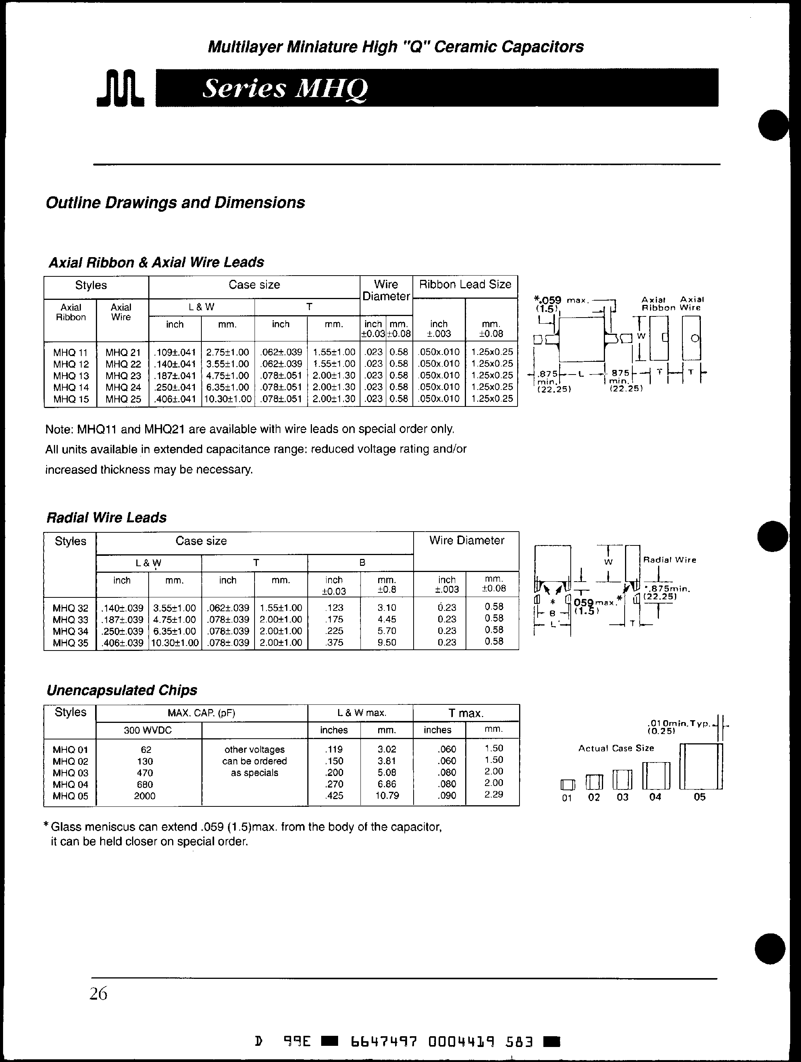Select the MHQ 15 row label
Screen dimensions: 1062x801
pos(70,399)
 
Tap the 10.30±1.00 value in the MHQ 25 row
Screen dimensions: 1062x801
pos(228,398)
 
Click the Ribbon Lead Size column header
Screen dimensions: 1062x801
pos(465,285)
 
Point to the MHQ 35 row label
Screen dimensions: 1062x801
pos(70,643)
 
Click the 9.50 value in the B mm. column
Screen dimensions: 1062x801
pos(387,642)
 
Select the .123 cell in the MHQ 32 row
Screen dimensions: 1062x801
pos(334,607)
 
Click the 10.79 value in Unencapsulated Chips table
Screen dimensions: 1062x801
pos(387,795)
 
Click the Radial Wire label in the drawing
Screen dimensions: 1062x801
pos(669,560)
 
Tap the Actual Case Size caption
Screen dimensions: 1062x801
pos(616,748)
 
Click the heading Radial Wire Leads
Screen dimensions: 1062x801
pos(107,518)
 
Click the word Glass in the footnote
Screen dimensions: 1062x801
pos(64,827)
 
